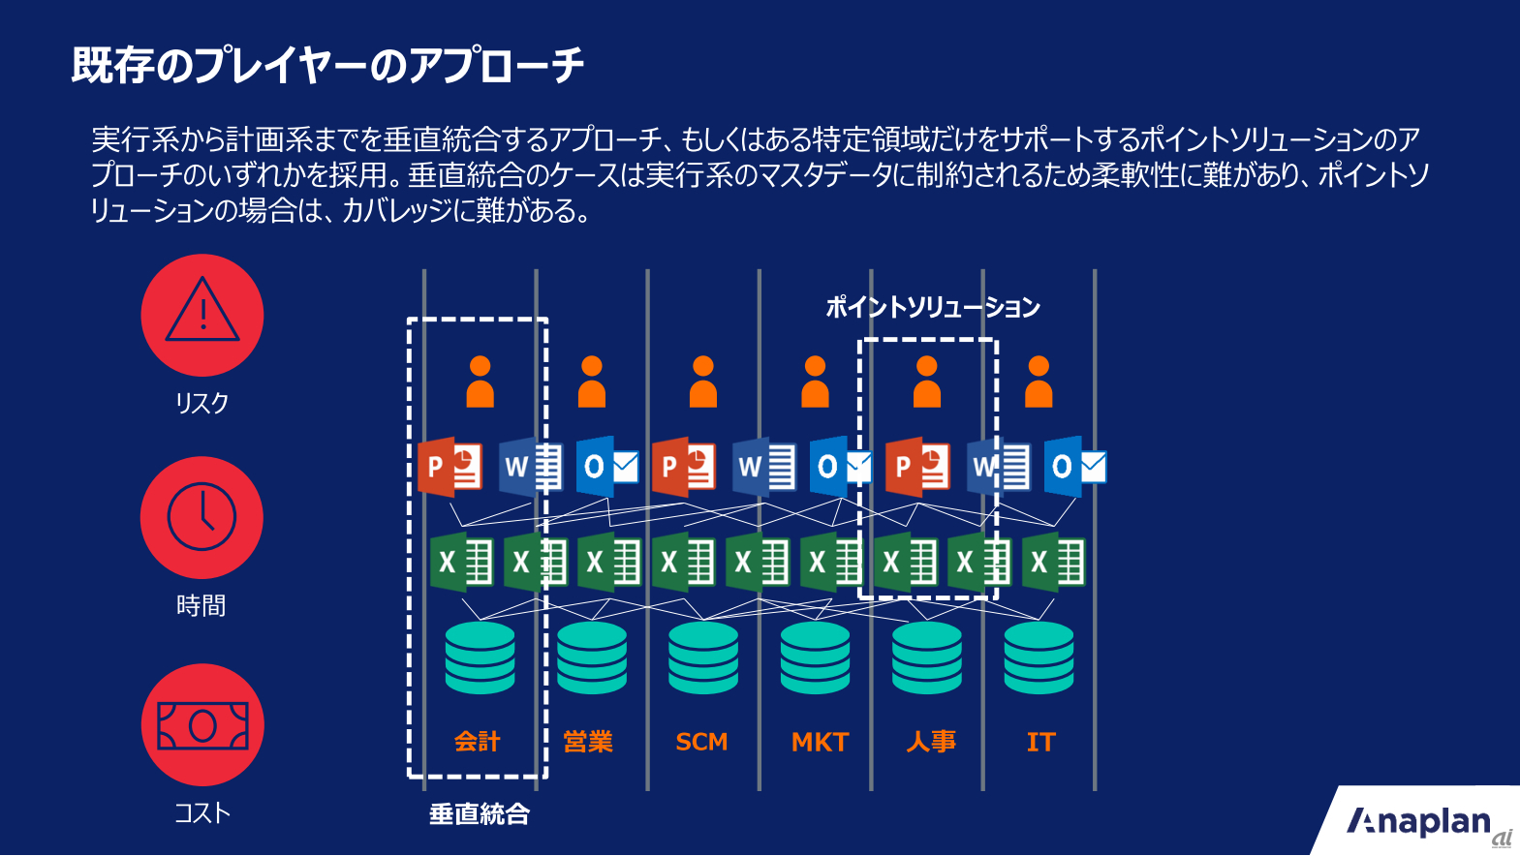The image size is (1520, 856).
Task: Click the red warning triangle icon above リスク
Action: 202,315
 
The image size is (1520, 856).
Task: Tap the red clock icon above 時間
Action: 202,517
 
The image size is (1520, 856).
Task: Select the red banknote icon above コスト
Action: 202,724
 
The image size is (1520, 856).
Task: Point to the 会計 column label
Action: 478,742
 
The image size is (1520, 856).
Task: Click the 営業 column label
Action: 588,742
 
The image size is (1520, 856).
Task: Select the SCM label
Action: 701,742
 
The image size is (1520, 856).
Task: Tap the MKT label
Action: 820,742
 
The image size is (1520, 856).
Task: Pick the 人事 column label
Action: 931,742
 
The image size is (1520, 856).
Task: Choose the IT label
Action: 1040,742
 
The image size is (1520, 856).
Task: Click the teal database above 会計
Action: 480,657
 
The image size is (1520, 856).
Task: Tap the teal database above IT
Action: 1039,657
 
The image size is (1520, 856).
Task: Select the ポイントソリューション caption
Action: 932,307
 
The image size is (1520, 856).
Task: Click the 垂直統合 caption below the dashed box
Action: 480,813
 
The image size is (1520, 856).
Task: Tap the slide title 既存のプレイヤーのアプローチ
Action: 327,66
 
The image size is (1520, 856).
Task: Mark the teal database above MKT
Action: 815,657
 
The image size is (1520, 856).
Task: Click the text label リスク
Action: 202,402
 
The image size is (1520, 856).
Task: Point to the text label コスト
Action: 202,812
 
